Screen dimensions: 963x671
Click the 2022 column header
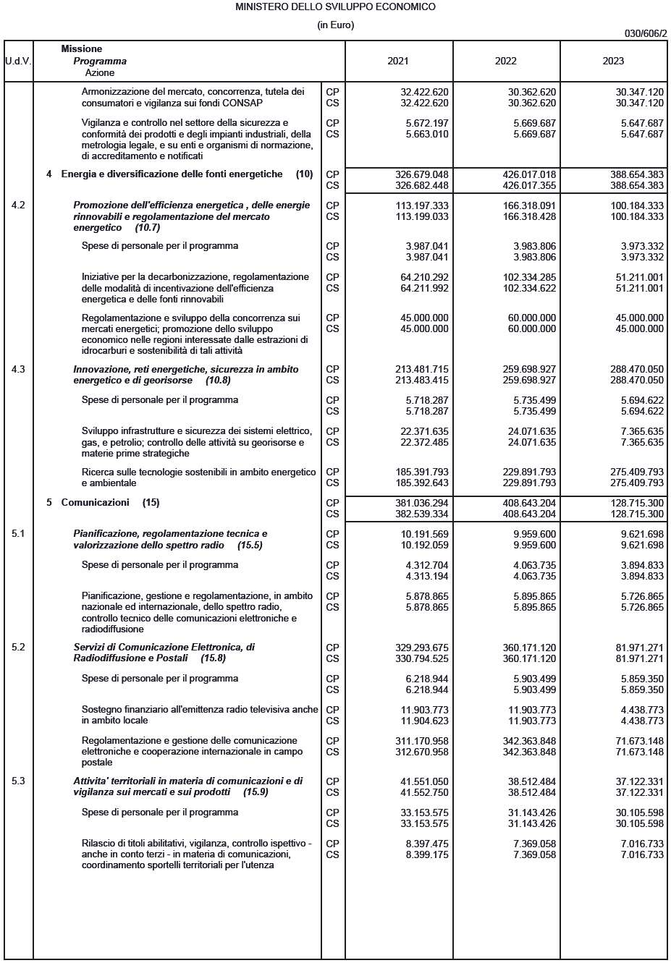coord(505,61)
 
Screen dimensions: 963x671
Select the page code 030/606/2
coord(646,33)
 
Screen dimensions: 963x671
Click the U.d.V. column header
coord(18,61)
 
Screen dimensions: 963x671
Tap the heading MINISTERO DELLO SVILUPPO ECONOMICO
coord(335,7)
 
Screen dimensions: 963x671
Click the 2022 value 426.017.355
coord(529,185)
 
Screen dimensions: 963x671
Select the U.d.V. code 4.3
coord(18,369)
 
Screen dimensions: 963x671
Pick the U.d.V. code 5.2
coord(18,647)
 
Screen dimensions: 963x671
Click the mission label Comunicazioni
coord(95,502)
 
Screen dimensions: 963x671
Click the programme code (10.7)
coord(147,227)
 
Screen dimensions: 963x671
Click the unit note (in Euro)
coord(335,25)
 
